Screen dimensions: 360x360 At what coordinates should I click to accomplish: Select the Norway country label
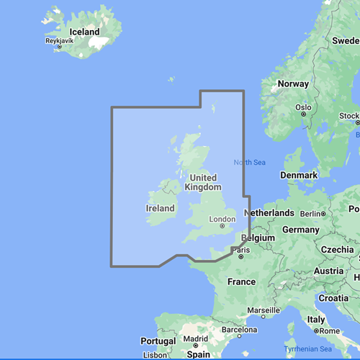pos(293,84)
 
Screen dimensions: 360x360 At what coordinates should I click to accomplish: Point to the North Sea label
pos(249,162)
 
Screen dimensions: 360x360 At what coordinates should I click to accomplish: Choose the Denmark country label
pos(300,176)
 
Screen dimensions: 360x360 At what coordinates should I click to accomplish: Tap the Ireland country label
pos(161,208)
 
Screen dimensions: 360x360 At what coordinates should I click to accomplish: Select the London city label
pos(221,220)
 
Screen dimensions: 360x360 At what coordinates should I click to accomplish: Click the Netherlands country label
pos(269,213)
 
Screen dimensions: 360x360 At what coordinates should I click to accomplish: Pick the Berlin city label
pos(310,214)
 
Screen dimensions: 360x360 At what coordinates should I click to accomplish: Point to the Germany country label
pos(300,229)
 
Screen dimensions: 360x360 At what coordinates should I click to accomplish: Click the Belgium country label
pos(259,237)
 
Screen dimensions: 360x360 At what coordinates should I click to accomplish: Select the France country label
pos(242,282)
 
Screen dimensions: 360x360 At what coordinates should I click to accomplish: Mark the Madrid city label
pos(196,339)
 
